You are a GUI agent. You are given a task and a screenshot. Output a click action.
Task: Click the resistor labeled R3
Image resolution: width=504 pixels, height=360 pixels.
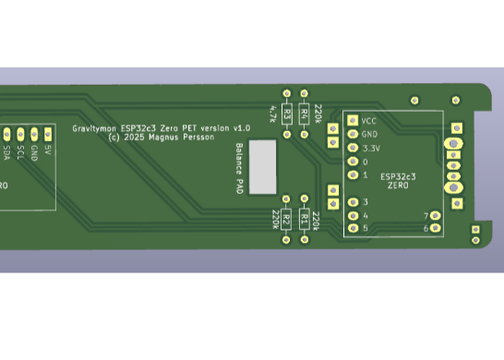click(287, 114)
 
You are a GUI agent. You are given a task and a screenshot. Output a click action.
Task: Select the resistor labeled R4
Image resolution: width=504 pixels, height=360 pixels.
click(304, 114)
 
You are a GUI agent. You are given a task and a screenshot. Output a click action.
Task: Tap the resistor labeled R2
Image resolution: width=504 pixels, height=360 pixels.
click(287, 220)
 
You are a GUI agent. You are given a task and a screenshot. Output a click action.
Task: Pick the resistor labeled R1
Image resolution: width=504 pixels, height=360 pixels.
click(304, 220)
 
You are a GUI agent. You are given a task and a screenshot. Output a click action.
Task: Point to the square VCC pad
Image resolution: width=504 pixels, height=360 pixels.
click(352, 120)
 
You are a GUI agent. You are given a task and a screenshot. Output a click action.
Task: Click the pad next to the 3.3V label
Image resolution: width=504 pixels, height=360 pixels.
click(352, 148)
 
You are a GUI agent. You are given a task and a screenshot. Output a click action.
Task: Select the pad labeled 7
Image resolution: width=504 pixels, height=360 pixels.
click(436, 215)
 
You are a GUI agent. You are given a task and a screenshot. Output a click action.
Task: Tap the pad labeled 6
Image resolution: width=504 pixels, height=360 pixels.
click(436, 228)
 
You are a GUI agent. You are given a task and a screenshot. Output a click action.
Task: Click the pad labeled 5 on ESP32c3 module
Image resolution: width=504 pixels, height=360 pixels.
click(352, 228)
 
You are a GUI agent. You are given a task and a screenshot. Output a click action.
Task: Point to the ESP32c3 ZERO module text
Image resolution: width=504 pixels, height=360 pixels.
click(398, 180)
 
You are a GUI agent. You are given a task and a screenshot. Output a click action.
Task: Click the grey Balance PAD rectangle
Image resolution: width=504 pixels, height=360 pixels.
click(263, 167)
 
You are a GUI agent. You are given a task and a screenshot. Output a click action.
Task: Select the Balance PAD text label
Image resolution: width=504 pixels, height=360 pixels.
click(238, 167)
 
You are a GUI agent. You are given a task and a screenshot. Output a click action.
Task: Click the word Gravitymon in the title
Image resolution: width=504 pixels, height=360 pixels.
click(95, 127)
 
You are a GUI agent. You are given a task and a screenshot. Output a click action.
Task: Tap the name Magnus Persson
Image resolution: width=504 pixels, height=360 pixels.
click(181, 137)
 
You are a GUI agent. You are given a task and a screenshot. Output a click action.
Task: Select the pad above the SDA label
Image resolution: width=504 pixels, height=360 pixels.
click(6, 133)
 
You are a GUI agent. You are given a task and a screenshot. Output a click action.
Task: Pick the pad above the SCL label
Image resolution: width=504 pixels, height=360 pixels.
click(20, 133)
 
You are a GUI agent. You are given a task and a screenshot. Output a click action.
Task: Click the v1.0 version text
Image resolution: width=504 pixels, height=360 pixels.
click(242, 127)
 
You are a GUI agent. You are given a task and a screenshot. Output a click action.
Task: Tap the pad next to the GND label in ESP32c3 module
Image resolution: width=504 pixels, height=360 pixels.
click(352, 134)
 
